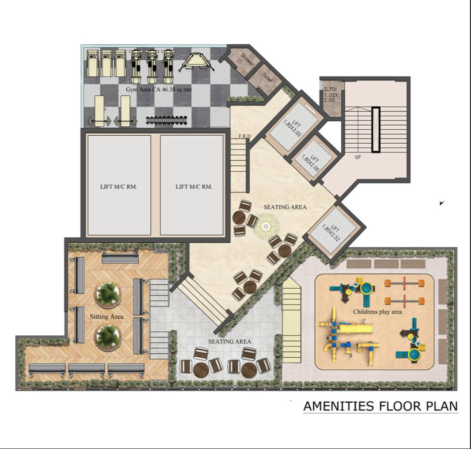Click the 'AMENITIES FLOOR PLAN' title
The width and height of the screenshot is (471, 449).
tap(380, 406)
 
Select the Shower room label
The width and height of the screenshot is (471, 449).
tap(247, 60)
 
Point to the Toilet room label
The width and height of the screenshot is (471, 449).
tap(267, 78)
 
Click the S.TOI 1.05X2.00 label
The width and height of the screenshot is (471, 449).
tap(329, 95)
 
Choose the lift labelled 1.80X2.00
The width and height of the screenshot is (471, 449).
tap(314, 158)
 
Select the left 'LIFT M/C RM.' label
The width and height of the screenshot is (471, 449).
tap(118, 187)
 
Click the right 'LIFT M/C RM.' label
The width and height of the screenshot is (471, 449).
tap(193, 187)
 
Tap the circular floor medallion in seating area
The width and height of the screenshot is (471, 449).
tap(266, 227)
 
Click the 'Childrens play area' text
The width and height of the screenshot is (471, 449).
tap(377, 312)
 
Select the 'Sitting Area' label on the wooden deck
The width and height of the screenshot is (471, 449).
tap(107, 316)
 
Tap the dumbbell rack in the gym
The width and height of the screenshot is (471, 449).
tap(167, 119)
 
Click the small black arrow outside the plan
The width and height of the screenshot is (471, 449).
tap(442, 203)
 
